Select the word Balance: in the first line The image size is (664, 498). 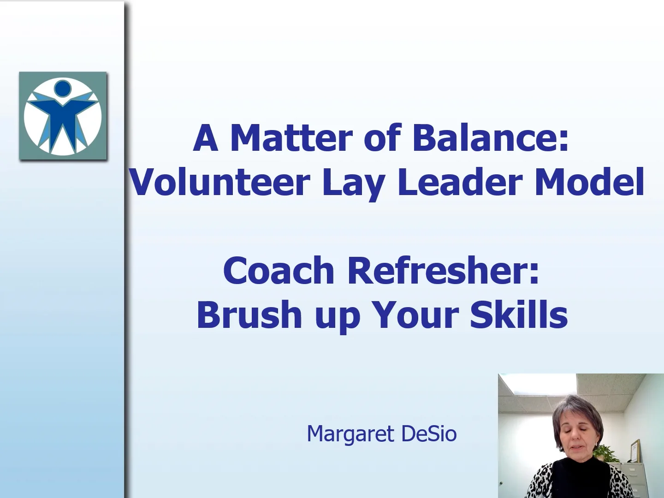(x=490, y=138)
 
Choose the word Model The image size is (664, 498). (x=589, y=182)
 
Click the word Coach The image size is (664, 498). (x=279, y=271)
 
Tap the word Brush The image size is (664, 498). (x=249, y=314)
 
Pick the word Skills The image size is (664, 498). (x=518, y=314)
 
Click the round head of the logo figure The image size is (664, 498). (x=63, y=87)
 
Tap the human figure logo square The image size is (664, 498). (x=63, y=116)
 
